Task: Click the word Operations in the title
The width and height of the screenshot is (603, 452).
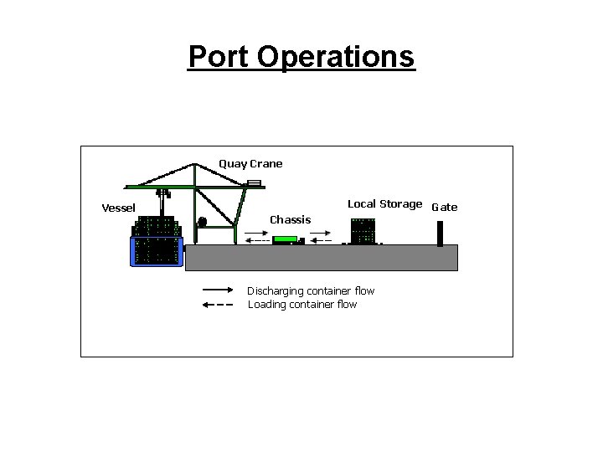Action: [336, 57]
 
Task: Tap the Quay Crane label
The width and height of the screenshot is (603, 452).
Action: [250, 164]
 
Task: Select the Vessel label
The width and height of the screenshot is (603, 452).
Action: [118, 208]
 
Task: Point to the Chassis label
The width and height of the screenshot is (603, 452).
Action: [290, 219]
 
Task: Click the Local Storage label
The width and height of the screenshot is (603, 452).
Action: [384, 204]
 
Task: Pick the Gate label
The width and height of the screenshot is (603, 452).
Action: [444, 208]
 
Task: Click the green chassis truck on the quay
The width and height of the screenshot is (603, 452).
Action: [285, 239]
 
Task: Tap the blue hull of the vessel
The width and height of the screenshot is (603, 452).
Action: [156, 251]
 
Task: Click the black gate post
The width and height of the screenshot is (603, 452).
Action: [440, 233]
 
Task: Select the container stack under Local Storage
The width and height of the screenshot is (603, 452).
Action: [363, 231]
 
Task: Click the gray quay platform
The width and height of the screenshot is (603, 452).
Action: [321, 258]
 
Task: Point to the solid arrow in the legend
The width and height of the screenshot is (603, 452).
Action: [219, 290]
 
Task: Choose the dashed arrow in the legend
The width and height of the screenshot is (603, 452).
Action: [219, 305]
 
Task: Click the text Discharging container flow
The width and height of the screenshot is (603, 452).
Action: [311, 291]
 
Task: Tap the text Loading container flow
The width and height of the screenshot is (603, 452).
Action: [302, 305]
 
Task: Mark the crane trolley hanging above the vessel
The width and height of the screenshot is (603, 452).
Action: [163, 193]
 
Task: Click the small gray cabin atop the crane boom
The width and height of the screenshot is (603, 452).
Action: [254, 182]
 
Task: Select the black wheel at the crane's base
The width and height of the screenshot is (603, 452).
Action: [202, 222]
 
